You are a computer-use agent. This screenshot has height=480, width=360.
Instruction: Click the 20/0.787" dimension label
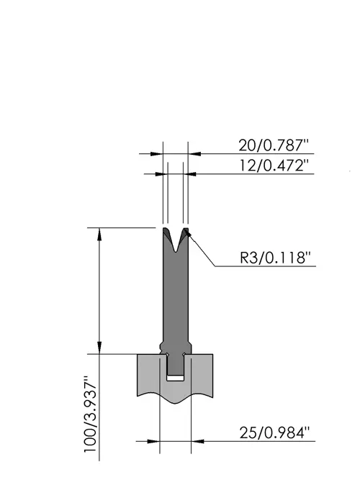[274, 145]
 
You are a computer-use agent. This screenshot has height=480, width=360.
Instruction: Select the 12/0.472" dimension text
[274, 166]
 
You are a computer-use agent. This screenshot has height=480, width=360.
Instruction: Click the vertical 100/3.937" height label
[91, 413]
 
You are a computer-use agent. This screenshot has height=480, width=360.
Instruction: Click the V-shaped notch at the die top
[175, 242]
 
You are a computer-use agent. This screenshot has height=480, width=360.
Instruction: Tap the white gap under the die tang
[175, 378]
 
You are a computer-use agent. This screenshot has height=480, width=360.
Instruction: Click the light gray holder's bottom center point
[175, 404]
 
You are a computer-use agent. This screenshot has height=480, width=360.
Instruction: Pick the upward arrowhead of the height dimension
[99, 233]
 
